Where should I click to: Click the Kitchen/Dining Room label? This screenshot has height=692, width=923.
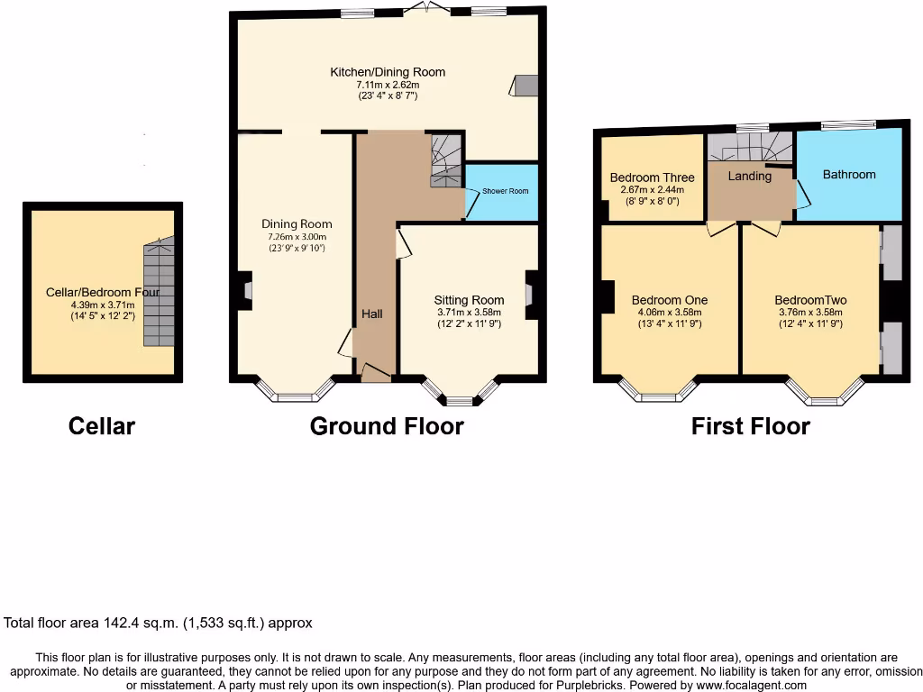[388, 72]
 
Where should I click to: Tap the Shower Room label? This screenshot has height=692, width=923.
[505, 191]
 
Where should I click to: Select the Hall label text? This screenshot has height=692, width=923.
[372, 314]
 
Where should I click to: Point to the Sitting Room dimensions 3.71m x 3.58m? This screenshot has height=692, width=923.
[469, 313]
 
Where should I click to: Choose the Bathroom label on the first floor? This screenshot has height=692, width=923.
[848, 174]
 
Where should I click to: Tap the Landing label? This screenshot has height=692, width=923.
[750, 177]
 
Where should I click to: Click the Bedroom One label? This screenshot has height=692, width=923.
[669, 300]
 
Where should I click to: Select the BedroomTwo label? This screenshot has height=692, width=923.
[810, 300]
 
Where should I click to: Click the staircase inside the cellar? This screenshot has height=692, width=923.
[159, 293]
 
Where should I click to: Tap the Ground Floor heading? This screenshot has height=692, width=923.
[387, 426]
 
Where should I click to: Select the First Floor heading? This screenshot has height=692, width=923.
[750, 426]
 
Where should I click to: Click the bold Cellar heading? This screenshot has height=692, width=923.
[102, 426]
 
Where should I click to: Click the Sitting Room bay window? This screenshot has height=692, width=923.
[461, 395]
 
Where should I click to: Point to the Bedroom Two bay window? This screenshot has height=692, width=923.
[824, 393]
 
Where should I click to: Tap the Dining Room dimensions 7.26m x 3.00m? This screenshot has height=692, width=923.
[297, 236]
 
